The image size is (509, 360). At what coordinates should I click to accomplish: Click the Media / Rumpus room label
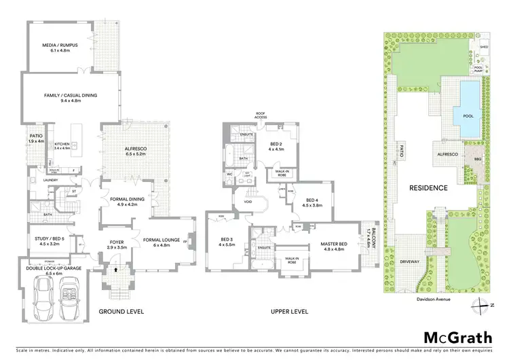(61, 46)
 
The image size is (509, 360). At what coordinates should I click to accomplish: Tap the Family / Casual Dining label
(71, 96)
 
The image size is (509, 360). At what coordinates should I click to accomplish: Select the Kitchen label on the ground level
(62, 143)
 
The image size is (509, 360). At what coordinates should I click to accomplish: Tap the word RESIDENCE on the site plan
(428, 187)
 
